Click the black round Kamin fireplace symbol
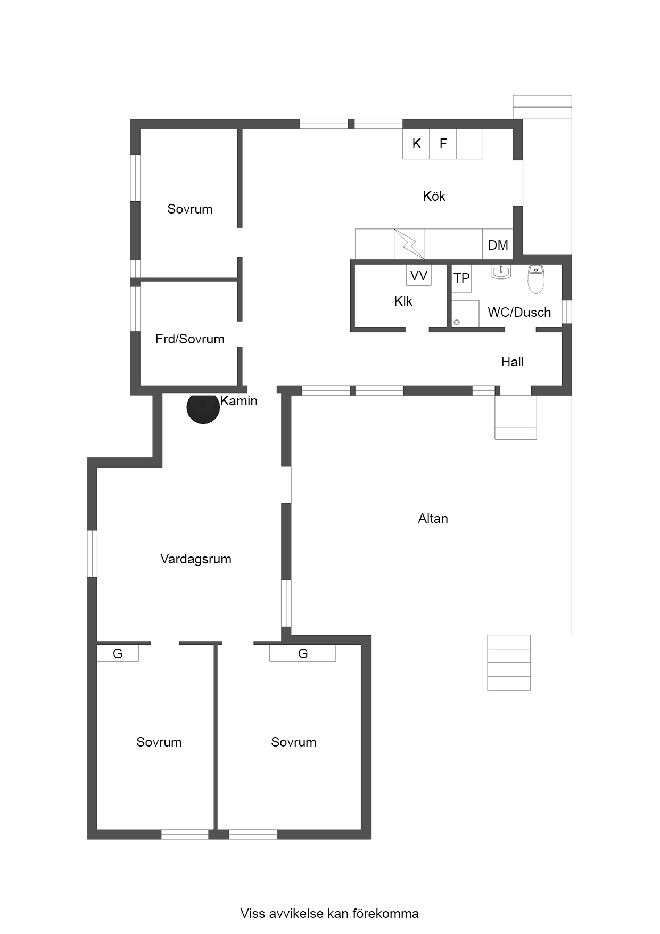click(x=203, y=407)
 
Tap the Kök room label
click(x=434, y=196)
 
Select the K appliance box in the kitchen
click(x=416, y=144)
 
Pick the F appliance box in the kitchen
click(x=443, y=144)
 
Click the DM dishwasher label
click(x=498, y=245)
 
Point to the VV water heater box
click(x=419, y=275)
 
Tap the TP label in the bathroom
click(x=461, y=278)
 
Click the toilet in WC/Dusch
click(x=536, y=279)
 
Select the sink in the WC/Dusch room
click(x=501, y=272)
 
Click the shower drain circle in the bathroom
click(x=457, y=322)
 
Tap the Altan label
click(x=433, y=519)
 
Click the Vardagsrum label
click(x=196, y=559)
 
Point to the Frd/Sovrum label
click(x=190, y=339)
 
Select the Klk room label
click(x=403, y=301)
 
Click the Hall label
click(x=513, y=362)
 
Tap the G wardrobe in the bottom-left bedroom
click(x=118, y=653)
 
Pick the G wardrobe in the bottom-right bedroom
click(x=303, y=653)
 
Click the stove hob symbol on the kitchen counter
click(x=409, y=244)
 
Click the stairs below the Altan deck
click(x=509, y=663)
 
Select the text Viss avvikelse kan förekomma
click(x=329, y=914)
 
